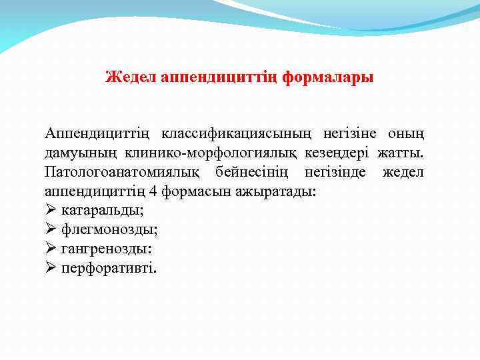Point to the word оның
click(407, 136)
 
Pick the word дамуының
click(76, 155)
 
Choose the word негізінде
click(335, 173)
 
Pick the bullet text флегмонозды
click(109, 230)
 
